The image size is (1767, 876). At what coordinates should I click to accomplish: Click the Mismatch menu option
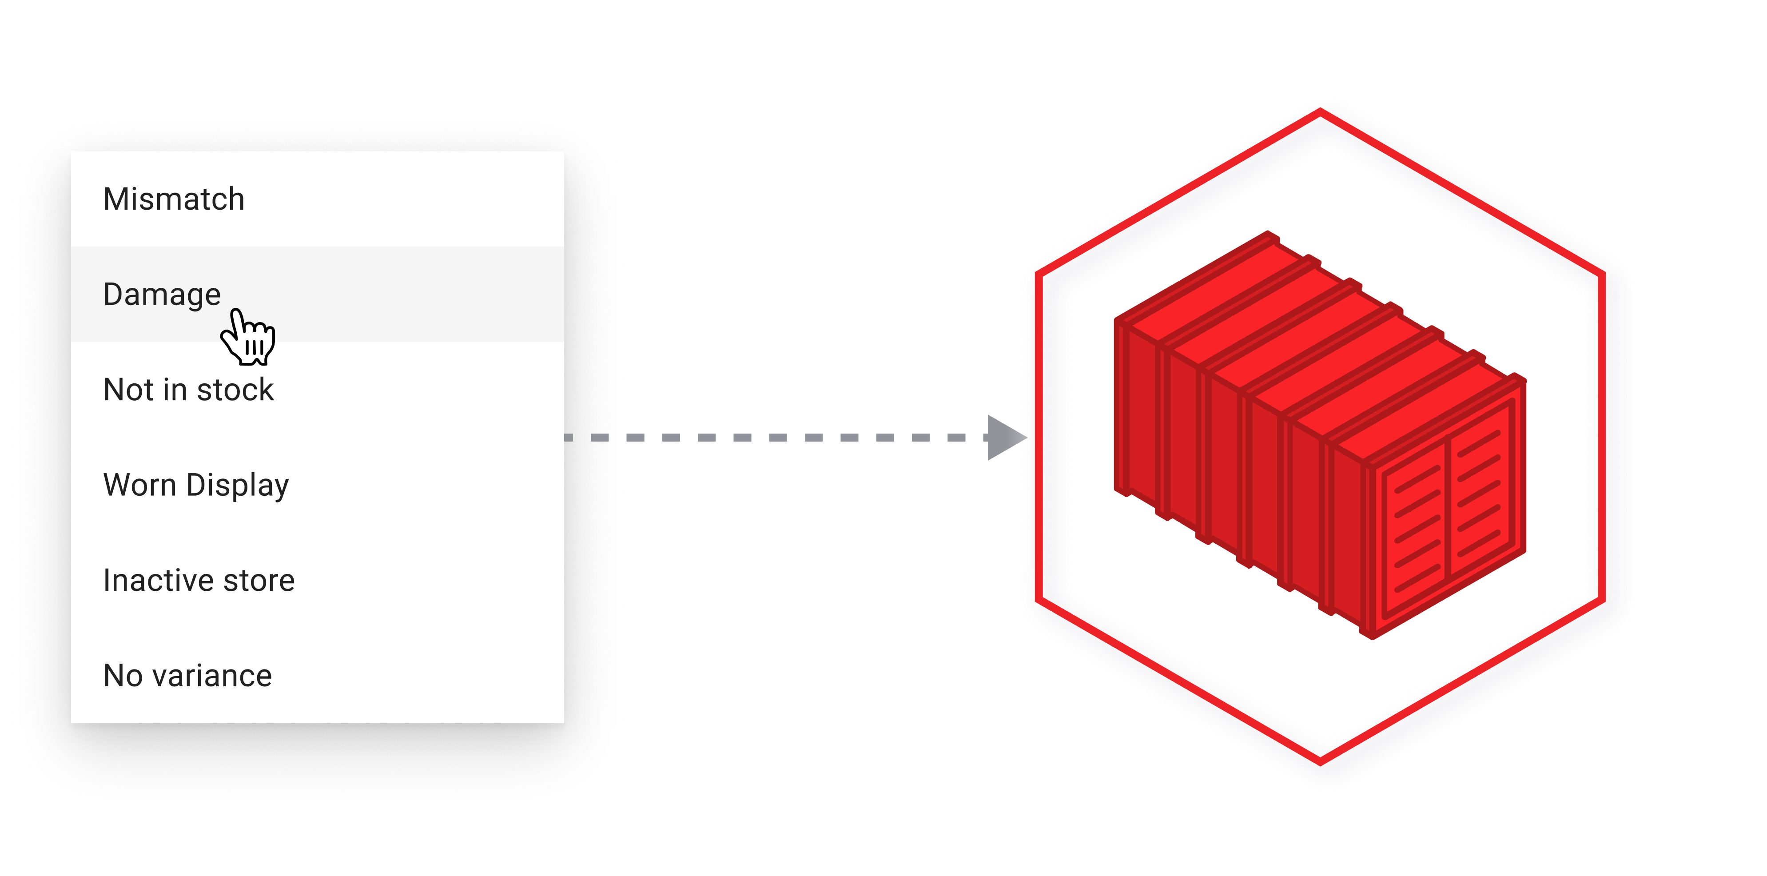174,199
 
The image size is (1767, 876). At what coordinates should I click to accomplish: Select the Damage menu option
162,294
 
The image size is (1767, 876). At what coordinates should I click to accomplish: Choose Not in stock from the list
188,390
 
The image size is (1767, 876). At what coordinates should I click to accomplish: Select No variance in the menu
187,676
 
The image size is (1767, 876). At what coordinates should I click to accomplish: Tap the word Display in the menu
237,485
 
